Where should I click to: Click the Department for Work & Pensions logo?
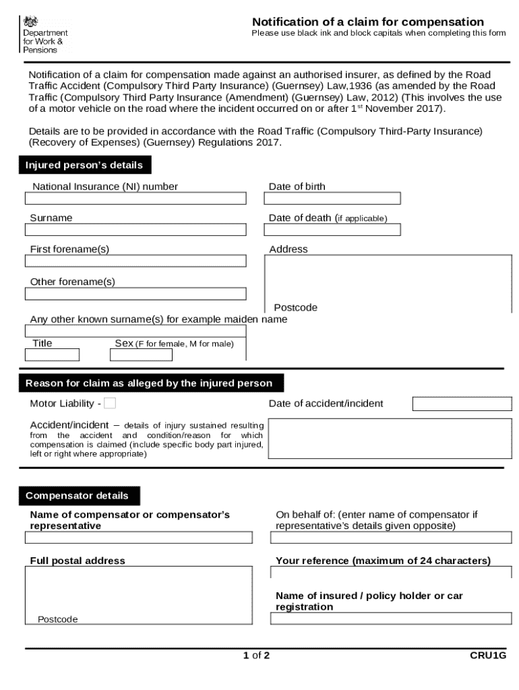(44, 35)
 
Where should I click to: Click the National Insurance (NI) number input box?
(135, 199)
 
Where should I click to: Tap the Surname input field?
(135, 230)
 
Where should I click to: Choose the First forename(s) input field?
(135, 261)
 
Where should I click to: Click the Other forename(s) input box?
(135, 294)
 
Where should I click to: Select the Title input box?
(52, 354)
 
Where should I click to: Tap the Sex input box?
(141, 354)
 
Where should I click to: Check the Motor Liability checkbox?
(110, 403)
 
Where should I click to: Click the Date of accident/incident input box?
(462, 404)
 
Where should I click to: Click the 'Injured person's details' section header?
(84, 165)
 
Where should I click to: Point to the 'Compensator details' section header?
(77, 496)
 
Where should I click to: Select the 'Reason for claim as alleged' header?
(149, 383)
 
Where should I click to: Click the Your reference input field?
(391, 573)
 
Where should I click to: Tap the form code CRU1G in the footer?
(488, 655)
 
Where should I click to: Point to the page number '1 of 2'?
(257, 655)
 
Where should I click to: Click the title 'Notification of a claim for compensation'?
(368, 22)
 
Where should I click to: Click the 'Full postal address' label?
(78, 561)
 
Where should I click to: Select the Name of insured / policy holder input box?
(391, 619)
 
